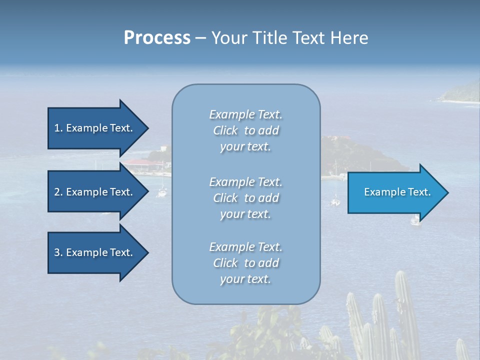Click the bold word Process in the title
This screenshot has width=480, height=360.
click(157, 38)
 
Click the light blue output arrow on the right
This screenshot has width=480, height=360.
click(395, 192)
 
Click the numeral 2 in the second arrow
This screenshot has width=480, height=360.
click(57, 192)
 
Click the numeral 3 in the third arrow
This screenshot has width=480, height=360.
click(57, 252)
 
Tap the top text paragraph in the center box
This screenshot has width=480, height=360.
click(245, 130)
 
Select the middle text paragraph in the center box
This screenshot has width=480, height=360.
click(245, 198)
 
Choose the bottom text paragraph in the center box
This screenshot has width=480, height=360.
click(245, 263)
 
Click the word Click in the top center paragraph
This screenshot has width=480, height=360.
click(225, 130)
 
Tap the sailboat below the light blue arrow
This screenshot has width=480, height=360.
click(415, 220)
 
